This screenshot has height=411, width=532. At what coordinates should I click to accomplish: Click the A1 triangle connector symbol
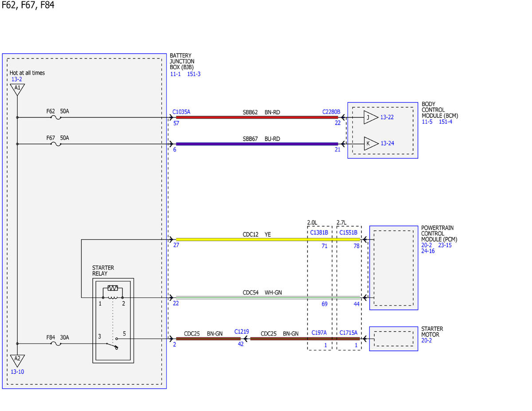coord(17,89)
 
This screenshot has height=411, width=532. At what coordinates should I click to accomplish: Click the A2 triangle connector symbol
coord(17,360)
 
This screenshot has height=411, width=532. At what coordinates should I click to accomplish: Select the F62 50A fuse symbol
coord(56,118)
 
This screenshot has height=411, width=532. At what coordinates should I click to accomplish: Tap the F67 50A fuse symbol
coord(56,144)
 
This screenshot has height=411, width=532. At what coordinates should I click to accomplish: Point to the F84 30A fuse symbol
coord(56,344)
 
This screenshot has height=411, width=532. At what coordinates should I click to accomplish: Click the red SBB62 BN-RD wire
coord(257,117)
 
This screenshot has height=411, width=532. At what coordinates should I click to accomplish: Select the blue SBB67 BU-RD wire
coord(257,144)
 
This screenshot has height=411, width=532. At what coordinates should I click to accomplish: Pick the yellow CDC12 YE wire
coord(268,239)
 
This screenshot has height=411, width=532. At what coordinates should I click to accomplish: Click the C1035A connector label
coord(181,112)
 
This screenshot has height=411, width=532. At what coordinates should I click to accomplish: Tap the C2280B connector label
coord(331,112)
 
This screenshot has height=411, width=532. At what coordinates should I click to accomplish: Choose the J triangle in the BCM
coord(371,117)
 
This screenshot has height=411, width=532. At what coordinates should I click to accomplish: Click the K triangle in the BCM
coord(371,144)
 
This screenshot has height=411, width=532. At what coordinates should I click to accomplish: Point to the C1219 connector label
coord(242,332)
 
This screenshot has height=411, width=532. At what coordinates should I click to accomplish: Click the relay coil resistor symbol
coord(113,288)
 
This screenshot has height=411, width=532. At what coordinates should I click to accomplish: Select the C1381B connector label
coord(319,232)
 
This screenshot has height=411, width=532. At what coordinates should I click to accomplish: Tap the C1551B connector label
coord(348,232)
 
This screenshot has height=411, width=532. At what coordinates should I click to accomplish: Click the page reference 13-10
coord(17,372)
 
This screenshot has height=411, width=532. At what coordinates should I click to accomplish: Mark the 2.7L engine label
coord(341,222)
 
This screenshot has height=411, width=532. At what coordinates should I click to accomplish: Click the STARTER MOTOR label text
coord(432,332)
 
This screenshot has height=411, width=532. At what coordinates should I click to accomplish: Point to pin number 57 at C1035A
coord(176,123)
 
